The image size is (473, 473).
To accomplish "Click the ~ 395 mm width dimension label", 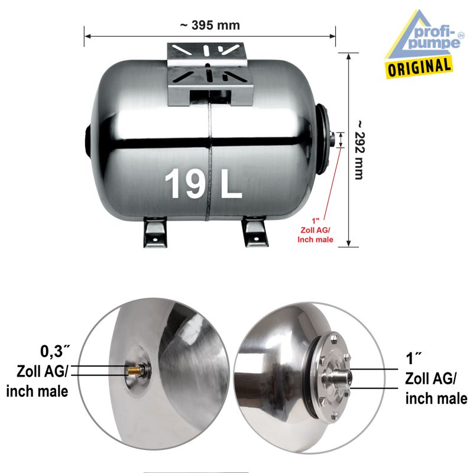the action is click(x=210, y=25).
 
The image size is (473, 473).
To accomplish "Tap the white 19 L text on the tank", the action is click(x=203, y=183).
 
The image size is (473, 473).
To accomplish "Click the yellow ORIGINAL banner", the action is click(x=419, y=67).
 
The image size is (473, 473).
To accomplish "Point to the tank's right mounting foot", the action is click(x=255, y=231).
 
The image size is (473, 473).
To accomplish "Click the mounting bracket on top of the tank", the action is click(x=210, y=74).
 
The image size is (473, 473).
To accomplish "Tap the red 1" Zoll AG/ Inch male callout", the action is click(x=315, y=231).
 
